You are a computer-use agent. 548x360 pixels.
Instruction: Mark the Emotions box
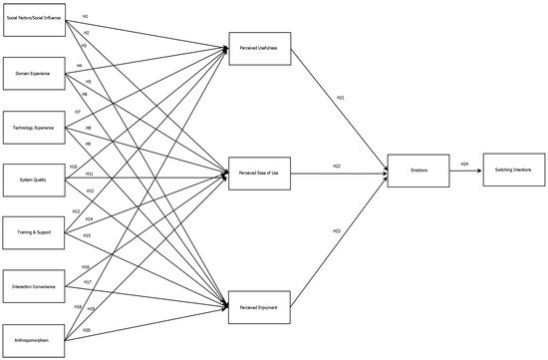417,171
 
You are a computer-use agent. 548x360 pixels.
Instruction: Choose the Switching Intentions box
513,171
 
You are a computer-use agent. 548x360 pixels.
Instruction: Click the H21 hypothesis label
340,98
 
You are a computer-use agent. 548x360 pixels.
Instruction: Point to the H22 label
338,167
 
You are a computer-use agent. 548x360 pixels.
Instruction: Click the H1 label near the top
85,16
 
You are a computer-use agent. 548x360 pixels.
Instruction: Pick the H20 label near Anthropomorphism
87,329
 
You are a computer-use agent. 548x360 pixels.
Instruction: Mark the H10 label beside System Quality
74,167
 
